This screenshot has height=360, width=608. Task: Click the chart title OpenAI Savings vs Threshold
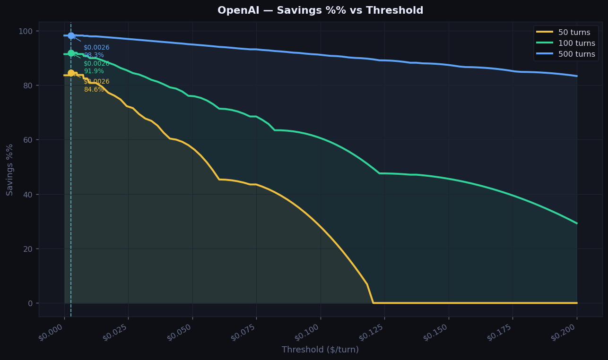click(320, 10)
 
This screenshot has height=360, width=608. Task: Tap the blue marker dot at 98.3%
click(71, 35)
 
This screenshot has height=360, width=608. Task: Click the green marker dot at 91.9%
click(71, 53)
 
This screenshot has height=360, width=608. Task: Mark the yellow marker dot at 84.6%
click(71, 73)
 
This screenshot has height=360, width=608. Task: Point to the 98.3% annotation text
click(94, 55)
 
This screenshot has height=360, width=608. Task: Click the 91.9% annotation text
click(94, 71)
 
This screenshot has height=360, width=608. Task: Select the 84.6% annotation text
click(94, 90)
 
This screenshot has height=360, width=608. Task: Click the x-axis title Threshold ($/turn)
click(320, 350)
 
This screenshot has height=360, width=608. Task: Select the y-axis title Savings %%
click(10, 170)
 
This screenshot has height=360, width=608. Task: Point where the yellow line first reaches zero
click(373, 303)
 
